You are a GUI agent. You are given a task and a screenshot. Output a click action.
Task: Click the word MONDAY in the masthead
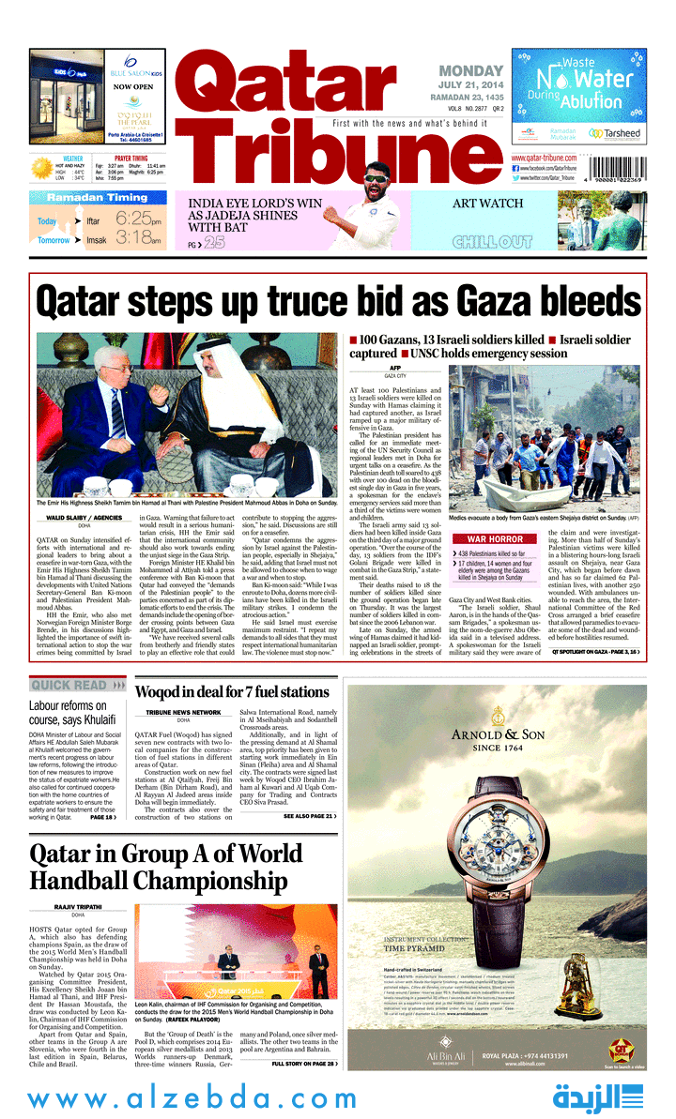click(x=472, y=71)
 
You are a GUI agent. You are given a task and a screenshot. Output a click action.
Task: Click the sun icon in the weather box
click(x=41, y=168)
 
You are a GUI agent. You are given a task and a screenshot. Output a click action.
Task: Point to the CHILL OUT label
click(x=492, y=242)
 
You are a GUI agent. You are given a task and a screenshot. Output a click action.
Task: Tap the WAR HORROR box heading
click(x=495, y=539)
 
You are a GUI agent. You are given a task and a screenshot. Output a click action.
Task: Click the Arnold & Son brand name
click(x=493, y=735)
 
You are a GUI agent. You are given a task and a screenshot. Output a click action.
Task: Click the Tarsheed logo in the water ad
click(x=614, y=134)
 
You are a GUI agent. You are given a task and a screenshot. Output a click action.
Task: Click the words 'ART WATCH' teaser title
click(x=487, y=204)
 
